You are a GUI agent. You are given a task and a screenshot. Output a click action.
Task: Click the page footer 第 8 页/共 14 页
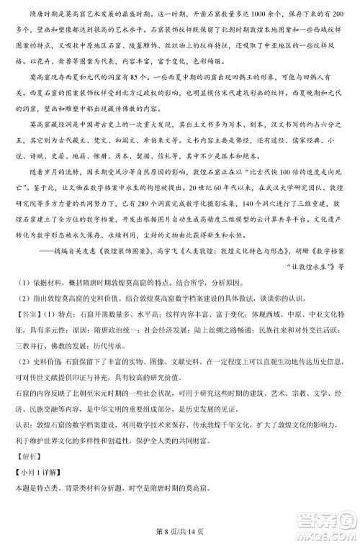click(x=180, y=531)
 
